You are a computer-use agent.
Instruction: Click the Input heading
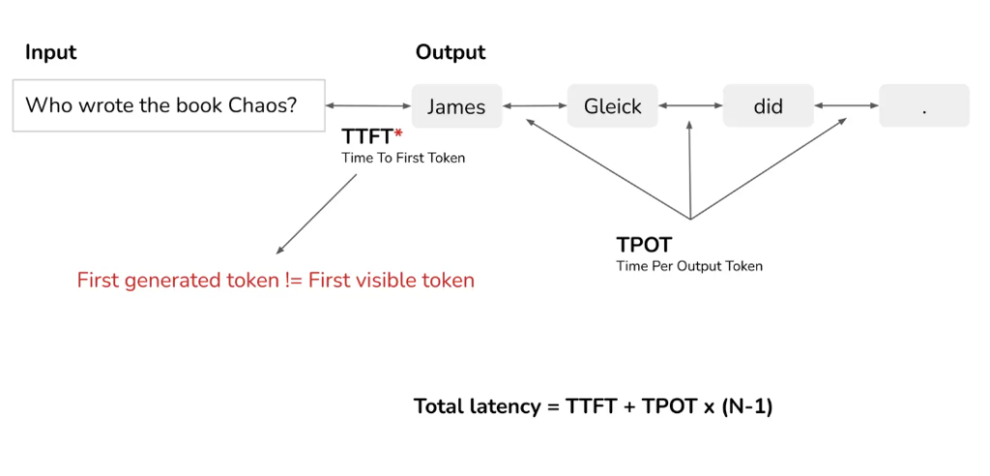point(50,52)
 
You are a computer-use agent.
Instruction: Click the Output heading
point(451,52)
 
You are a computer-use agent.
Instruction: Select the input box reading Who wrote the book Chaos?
point(168,105)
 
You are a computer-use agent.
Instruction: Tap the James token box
point(456,106)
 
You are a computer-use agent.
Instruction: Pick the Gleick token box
point(612,106)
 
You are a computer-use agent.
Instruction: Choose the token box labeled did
point(768,106)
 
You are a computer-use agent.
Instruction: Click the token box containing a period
point(923,106)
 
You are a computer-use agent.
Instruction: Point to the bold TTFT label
point(366,137)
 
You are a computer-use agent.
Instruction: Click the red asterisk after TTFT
point(397,133)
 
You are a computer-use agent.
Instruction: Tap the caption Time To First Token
point(403,157)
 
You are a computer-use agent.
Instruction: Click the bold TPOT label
point(644,245)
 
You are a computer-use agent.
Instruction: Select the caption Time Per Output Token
point(689,266)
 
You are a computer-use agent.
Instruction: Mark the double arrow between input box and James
point(368,106)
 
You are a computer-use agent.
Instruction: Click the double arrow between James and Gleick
point(534,106)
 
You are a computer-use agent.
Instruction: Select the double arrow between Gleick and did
point(690,106)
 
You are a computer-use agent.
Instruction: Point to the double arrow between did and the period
point(846,106)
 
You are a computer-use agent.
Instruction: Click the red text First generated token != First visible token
point(276,281)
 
